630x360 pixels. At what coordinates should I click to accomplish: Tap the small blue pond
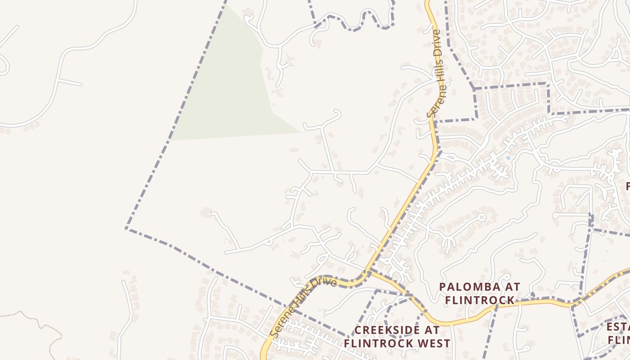(x=508, y=158)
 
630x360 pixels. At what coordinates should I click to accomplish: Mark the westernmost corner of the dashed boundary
(x=126, y=228)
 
